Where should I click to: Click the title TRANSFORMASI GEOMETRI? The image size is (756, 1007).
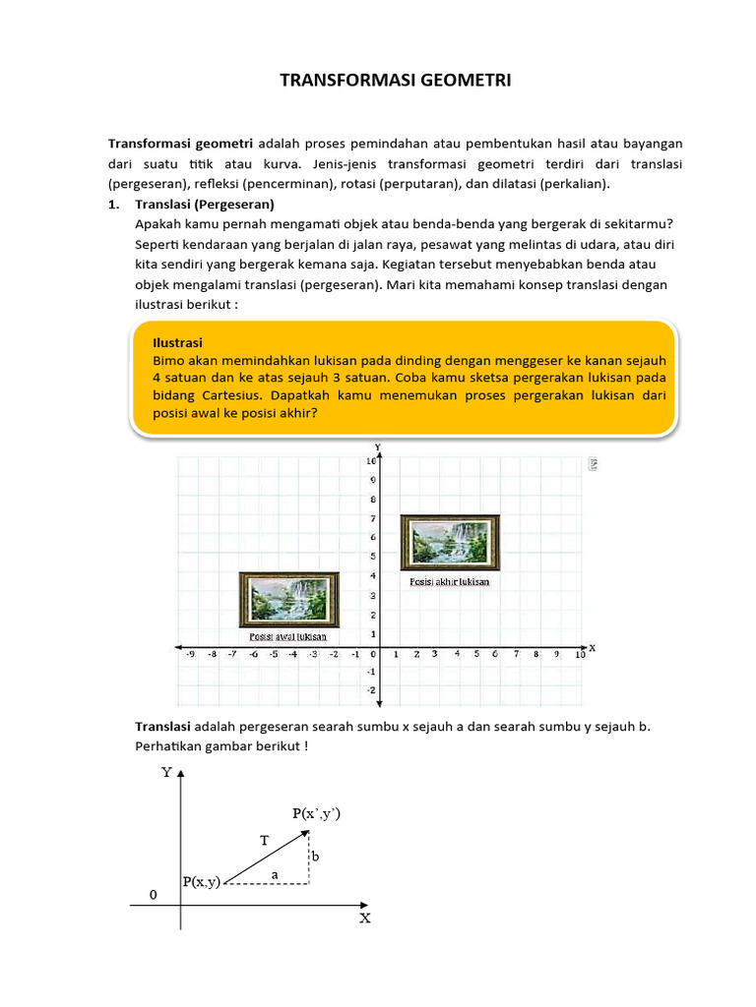pos(396,81)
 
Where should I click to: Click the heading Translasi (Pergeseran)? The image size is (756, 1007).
pos(204,205)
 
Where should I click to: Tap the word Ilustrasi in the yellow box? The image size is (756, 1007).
pos(177,342)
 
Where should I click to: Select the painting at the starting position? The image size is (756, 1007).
pos(289,600)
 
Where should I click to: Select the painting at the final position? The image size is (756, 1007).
pos(450,542)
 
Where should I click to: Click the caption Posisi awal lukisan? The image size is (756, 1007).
pos(287,637)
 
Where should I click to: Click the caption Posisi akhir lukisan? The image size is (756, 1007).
pos(449,581)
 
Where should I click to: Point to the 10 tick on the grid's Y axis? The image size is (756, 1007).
pos(370,461)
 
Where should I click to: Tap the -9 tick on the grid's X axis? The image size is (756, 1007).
pos(190,654)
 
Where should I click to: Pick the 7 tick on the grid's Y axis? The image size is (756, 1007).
pos(371,518)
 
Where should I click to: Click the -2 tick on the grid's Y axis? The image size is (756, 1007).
pos(370,690)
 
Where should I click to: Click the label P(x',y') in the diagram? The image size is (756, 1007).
pos(316,813)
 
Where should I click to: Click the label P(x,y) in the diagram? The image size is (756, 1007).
pos(202,882)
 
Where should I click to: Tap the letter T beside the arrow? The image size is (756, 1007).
pos(264,841)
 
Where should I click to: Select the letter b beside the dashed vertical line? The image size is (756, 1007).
pos(315,858)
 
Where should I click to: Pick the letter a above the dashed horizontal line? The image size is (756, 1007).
pos(275,873)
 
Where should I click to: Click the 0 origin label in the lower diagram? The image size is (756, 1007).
pos(152,896)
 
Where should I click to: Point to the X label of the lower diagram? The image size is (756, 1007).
pos(364,918)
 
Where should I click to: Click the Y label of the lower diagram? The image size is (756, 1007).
pos(166,773)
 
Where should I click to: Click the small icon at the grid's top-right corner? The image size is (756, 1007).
pos(594,463)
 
